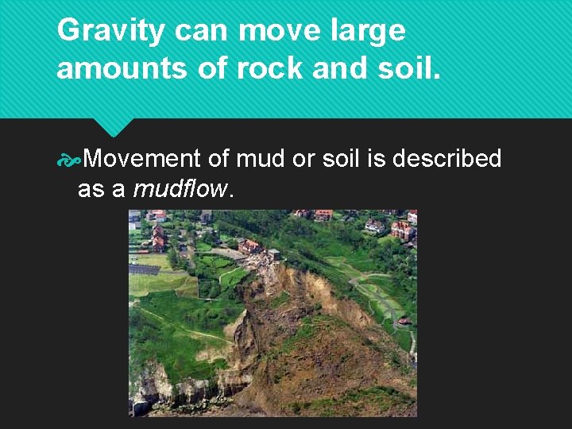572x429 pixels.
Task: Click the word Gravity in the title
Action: coord(111,32)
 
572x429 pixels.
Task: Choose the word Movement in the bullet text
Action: coord(141,159)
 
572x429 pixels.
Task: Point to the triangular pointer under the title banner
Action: coord(113,127)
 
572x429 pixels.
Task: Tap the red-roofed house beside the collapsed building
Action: coord(249,245)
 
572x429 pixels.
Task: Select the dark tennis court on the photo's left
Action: coord(145,270)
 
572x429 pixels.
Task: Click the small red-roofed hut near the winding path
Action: coord(404,321)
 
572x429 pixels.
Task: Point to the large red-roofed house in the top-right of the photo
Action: coord(402,230)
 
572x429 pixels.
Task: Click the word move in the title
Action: coord(275,32)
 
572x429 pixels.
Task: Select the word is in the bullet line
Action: coord(374,159)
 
